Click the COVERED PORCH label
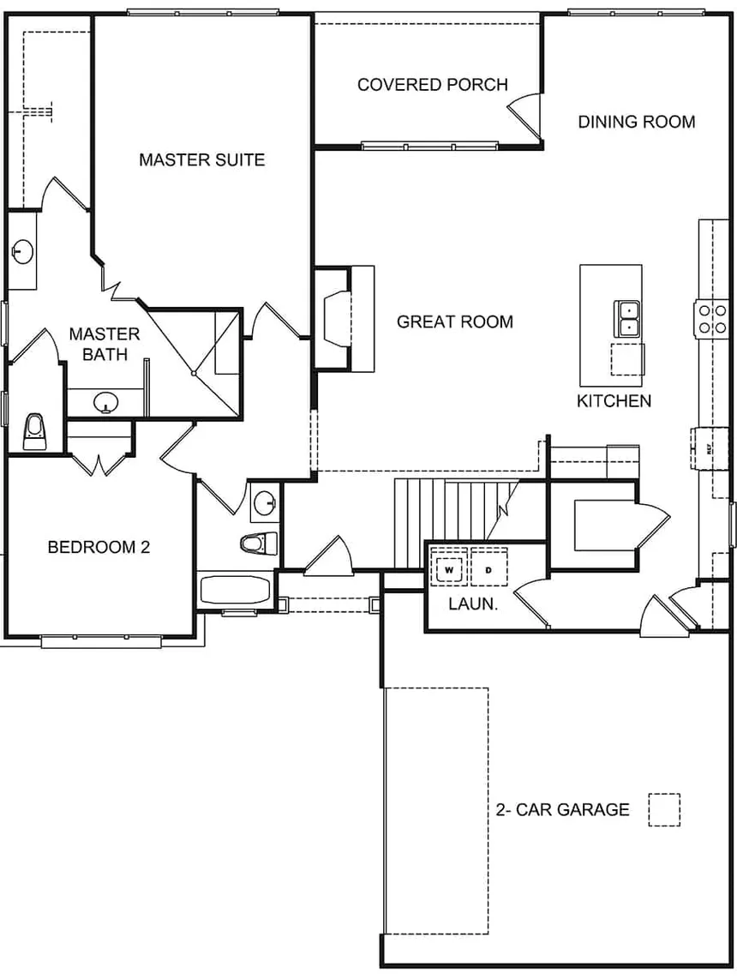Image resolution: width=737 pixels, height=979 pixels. pyautogui.click(x=432, y=85)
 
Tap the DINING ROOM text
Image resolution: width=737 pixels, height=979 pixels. pyautogui.click(x=636, y=122)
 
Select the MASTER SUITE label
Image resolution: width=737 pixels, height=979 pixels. pyautogui.click(x=201, y=159)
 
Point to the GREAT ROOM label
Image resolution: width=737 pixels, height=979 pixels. pyautogui.click(x=455, y=321)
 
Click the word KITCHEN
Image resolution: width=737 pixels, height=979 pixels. pyautogui.click(x=614, y=400)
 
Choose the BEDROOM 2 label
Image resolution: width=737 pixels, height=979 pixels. pyautogui.click(x=99, y=547)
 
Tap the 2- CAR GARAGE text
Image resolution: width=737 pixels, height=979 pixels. pyautogui.click(x=562, y=809)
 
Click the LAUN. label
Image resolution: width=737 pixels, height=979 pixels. pyautogui.click(x=473, y=604)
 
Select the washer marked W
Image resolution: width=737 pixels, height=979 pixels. pyautogui.click(x=449, y=568)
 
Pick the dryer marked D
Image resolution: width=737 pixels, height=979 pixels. pyautogui.click(x=488, y=568)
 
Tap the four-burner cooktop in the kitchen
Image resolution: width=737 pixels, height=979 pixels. pyautogui.click(x=710, y=318)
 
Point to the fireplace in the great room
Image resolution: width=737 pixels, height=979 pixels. pyautogui.click(x=336, y=318)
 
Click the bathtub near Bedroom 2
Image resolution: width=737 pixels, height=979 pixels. pyautogui.click(x=235, y=590)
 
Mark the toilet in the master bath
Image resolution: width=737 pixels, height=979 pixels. pyautogui.click(x=34, y=430)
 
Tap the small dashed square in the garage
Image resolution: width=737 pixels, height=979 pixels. pyautogui.click(x=663, y=809)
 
